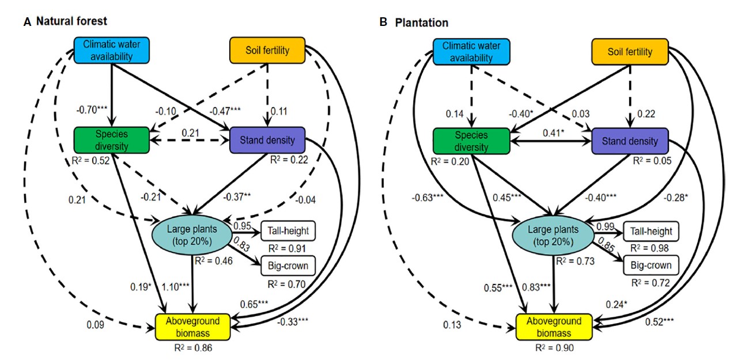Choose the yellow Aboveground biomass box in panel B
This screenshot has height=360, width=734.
click(x=554, y=327)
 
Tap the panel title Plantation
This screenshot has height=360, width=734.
click(x=421, y=22)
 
